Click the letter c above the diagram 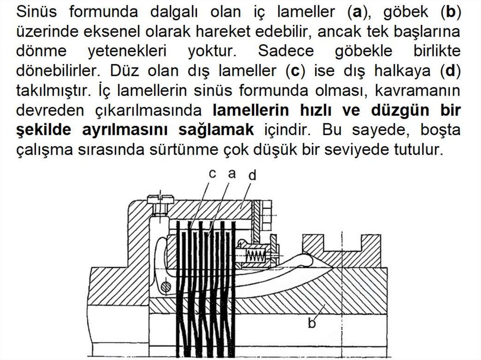[212, 174]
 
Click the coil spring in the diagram [256, 256]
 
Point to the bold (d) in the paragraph [450, 71]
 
